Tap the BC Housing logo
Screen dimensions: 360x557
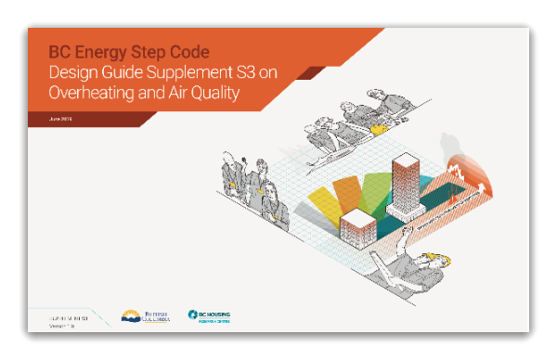209,316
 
